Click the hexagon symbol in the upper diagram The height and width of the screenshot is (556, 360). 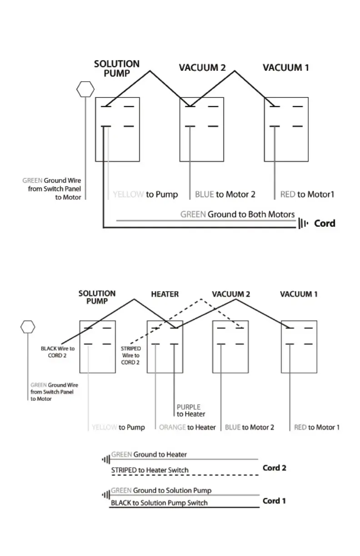click(x=85, y=89)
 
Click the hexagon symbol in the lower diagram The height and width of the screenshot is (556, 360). click(x=28, y=327)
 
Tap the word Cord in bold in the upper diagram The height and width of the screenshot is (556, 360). click(x=325, y=223)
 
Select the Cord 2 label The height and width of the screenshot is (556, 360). click(x=274, y=468)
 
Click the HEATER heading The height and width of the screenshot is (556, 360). click(x=165, y=294)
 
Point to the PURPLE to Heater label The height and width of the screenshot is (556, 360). click(x=190, y=411)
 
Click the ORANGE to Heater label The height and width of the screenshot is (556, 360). click(x=187, y=427)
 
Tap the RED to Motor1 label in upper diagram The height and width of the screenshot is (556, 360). click(x=307, y=194)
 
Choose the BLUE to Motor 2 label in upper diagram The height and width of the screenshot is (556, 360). click(x=225, y=194)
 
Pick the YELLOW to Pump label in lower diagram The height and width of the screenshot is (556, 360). click(x=118, y=427)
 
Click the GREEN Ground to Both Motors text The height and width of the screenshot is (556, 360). click(x=237, y=214)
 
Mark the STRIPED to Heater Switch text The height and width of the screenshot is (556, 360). click(x=150, y=470)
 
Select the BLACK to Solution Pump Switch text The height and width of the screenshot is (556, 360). click(x=159, y=503)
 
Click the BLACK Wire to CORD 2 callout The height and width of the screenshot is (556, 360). click(x=58, y=352)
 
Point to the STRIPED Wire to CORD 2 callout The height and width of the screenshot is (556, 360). click(x=130, y=356)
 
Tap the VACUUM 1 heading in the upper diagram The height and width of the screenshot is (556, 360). click(x=286, y=68)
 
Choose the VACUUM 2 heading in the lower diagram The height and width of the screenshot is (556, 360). click(x=231, y=294)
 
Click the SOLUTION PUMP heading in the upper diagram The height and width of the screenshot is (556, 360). click(x=117, y=69)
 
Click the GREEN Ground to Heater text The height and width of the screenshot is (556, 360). click(x=149, y=454)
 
